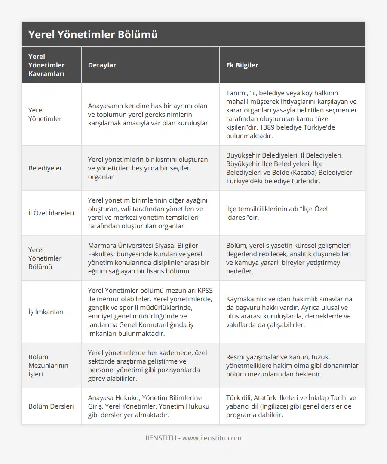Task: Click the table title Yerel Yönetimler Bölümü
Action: coord(93,34)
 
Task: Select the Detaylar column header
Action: coord(102,65)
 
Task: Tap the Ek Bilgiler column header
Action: coord(242,65)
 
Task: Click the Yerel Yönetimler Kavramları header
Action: coord(46,65)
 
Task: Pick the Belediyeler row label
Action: coord(45,168)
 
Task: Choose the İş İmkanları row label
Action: coord(46,312)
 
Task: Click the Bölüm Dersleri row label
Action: coord(51,406)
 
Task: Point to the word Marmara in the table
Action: coord(101,245)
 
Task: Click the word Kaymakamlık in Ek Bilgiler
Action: coord(247,299)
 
